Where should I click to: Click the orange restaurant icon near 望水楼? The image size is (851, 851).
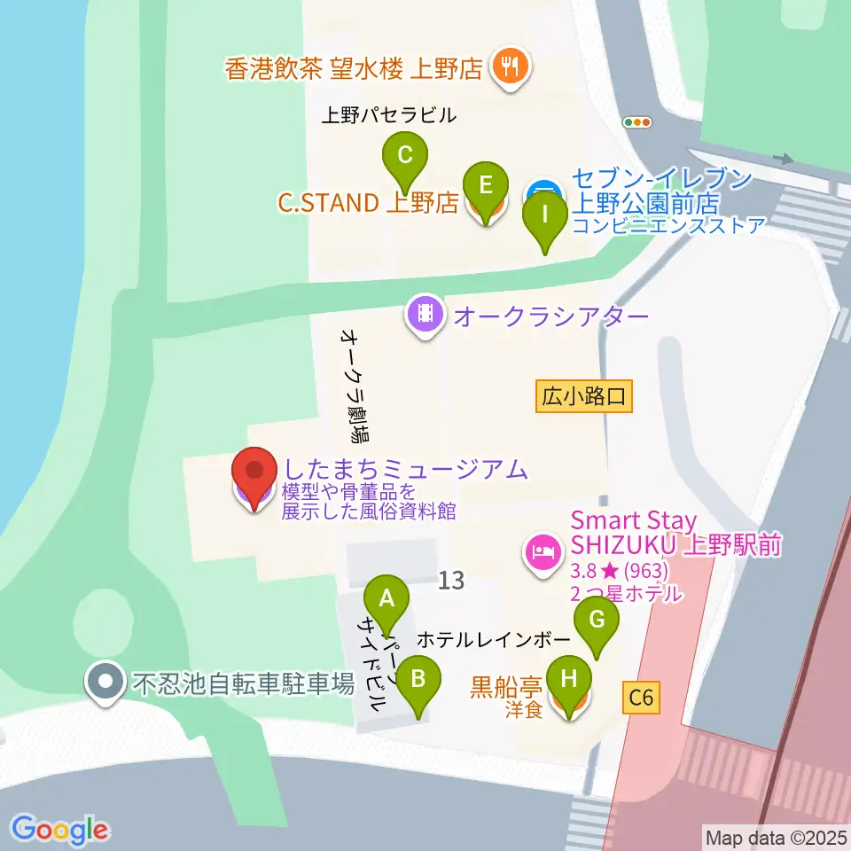tap(510, 66)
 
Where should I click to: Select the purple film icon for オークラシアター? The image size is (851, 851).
tap(425, 315)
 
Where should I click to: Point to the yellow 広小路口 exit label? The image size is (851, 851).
tap(584, 396)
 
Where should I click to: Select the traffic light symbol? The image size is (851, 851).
tap(637, 122)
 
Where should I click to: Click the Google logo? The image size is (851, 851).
tap(60, 830)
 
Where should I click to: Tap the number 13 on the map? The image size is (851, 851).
tap(450, 582)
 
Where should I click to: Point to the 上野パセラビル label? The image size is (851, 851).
tap(388, 115)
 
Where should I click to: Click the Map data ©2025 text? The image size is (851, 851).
tap(774, 836)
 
